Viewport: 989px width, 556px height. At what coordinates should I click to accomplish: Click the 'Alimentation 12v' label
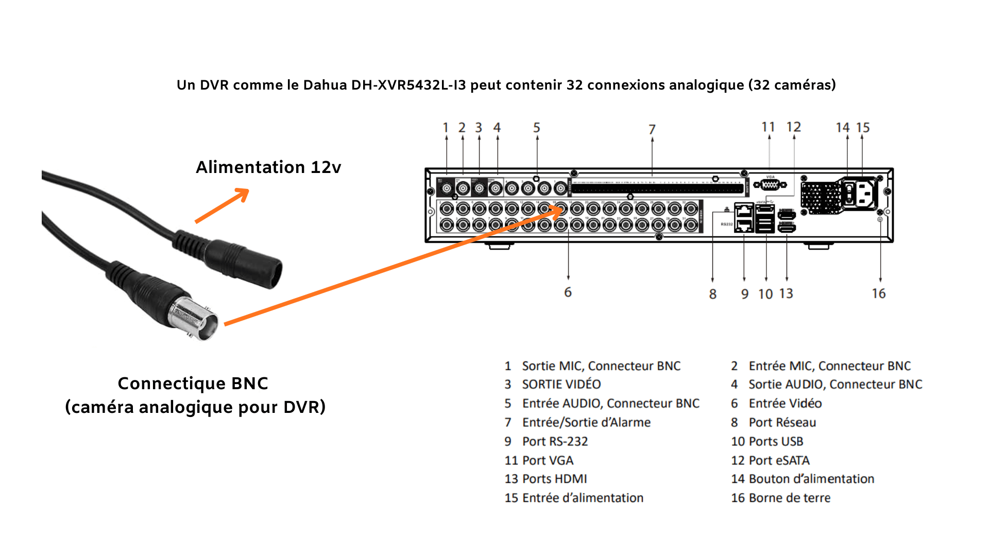point(268,167)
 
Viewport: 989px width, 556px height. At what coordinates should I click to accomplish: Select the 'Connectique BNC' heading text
point(193,384)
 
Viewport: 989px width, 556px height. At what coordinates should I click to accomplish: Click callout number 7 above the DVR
point(652,129)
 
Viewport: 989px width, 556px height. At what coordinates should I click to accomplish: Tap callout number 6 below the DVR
point(568,292)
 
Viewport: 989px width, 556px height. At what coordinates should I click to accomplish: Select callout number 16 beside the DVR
point(879,293)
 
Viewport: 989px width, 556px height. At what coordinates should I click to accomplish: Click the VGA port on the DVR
point(770,184)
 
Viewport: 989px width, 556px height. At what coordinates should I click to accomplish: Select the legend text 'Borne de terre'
point(789,498)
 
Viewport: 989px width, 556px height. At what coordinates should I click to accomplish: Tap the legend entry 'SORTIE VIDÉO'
point(561,385)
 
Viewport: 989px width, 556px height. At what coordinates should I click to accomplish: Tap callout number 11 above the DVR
point(768,127)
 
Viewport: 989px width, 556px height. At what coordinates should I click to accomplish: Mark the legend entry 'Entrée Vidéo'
point(785,404)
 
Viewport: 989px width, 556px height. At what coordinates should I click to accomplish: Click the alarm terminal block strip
point(657,189)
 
